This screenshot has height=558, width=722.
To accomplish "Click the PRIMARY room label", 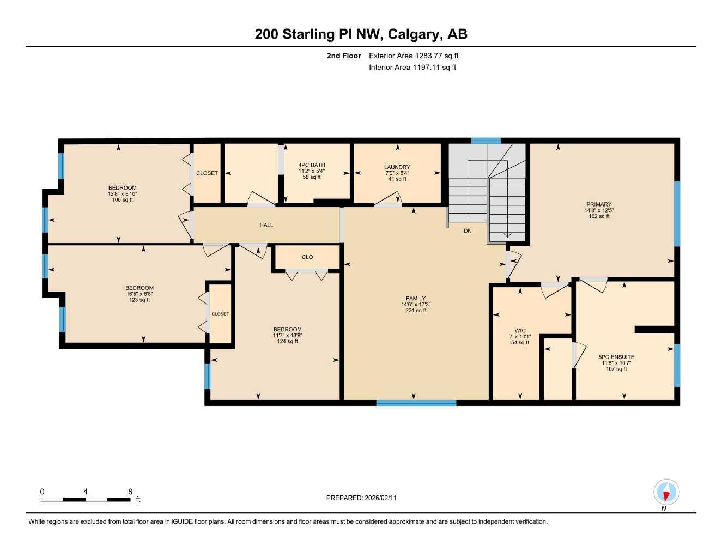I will coord(599,204).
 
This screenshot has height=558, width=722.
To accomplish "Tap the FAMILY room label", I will coord(415,299).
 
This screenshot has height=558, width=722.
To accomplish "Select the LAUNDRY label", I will coord(397,167).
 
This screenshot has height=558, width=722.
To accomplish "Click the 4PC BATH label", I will coord(312,165).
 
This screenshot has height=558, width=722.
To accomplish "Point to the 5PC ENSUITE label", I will coord(616,357).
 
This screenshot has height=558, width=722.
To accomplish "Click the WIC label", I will coord(520,331).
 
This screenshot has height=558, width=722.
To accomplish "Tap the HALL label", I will coord(266,225).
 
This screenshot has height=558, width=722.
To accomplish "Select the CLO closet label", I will coord(307,257).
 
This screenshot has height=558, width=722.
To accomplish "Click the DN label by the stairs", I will coord(468,231).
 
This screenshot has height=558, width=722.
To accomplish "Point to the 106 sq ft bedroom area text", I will coord(122,200).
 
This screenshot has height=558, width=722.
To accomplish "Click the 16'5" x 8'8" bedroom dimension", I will coord(139,294).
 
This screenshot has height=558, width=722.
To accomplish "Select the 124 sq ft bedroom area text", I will coord(287,342).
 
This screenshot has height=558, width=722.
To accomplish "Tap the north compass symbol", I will coord(666,493).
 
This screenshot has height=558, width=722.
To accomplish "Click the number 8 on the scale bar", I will coord(130,492).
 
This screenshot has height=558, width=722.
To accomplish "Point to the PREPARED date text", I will coord(361,498).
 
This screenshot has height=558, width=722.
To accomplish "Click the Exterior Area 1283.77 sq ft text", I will coord(414,56).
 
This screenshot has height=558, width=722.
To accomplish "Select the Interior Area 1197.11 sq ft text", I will coord(412,68).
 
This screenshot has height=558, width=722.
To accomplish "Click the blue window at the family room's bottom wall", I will coord(416,403).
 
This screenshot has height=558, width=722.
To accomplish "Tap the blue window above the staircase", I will coord(486,141).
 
